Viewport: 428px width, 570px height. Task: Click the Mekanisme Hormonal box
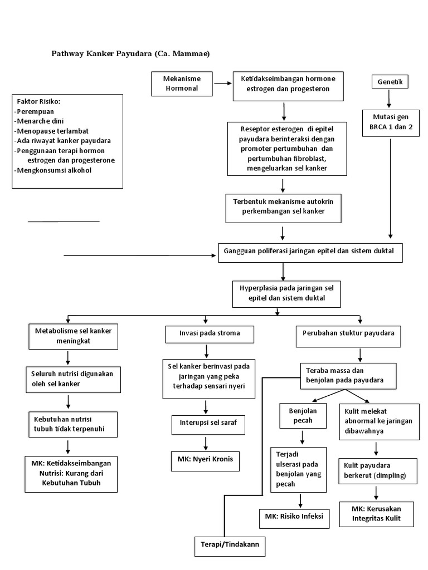pyautogui.click(x=181, y=83)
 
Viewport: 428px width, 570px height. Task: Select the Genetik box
pyautogui.click(x=390, y=82)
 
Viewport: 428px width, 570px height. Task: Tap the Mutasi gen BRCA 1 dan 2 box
pyautogui.click(x=390, y=122)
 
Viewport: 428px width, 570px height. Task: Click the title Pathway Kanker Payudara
pyautogui.click(x=130, y=53)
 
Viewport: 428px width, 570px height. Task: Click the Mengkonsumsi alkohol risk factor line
pyautogui.click(x=53, y=170)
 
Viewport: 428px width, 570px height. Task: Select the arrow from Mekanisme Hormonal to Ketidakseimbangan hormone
pyautogui.click(x=222, y=83)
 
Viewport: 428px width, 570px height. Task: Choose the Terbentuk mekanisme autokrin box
pyautogui.click(x=287, y=206)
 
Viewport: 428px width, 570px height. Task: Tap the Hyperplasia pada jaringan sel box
pyautogui.click(x=286, y=293)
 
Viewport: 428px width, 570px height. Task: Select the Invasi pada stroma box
pyautogui.click(x=210, y=334)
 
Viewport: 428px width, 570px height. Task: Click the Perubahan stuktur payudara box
pyautogui.click(x=348, y=333)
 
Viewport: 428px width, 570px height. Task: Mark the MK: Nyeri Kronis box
pyautogui.click(x=205, y=460)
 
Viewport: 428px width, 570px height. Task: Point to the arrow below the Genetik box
pyautogui.click(x=389, y=99)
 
